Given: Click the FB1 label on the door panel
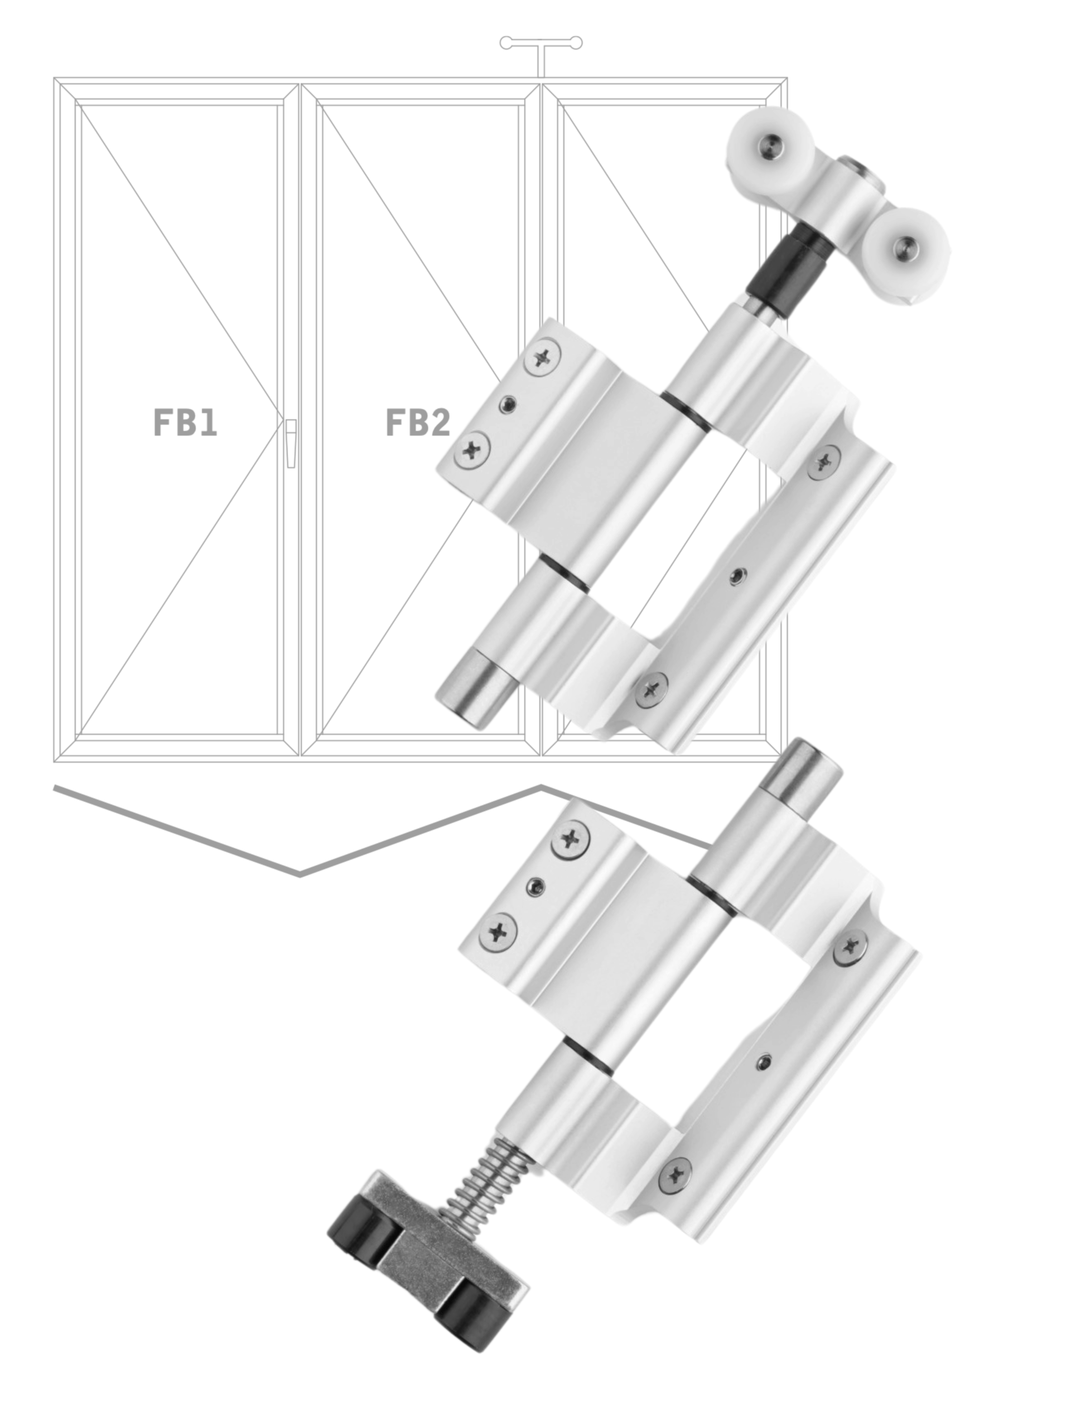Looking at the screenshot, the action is pos(185,422).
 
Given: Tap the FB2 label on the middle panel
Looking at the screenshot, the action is pos(418,422).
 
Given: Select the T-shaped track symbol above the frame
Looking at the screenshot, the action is pos(541,52).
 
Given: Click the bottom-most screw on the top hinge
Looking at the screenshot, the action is pos(653,689).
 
